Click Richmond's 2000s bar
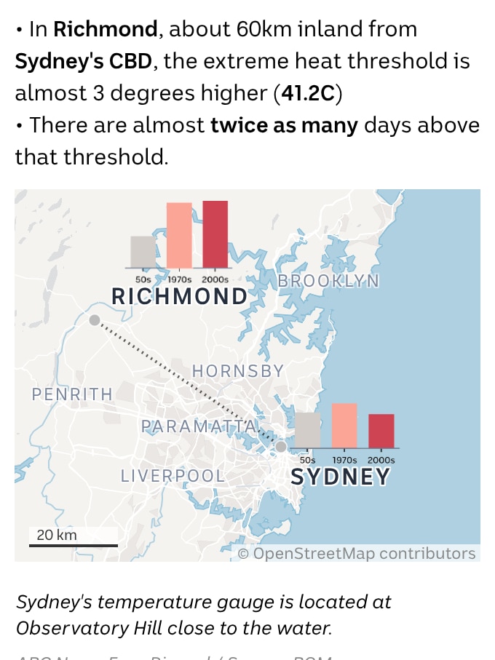(x=215, y=234)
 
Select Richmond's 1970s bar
(x=179, y=235)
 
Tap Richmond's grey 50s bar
(x=143, y=252)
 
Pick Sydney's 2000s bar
(x=381, y=431)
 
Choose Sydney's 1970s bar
(x=344, y=426)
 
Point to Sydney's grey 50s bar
(x=308, y=430)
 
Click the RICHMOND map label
(x=179, y=296)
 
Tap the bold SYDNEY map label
(x=340, y=477)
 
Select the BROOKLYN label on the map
(x=328, y=281)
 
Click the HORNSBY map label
(x=237, y=371)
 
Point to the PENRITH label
(x=72, y=394)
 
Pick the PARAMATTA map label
(x=199, y=426)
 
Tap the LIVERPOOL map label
(x=173, y=476)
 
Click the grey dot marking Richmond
(x=95, y=320)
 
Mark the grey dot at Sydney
(x=281, y=446)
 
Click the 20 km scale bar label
(x=57, y=535)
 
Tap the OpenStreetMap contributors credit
(x=357, y=553)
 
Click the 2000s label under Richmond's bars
(x=215, y=279)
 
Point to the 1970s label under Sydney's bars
(x=344, y=460)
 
